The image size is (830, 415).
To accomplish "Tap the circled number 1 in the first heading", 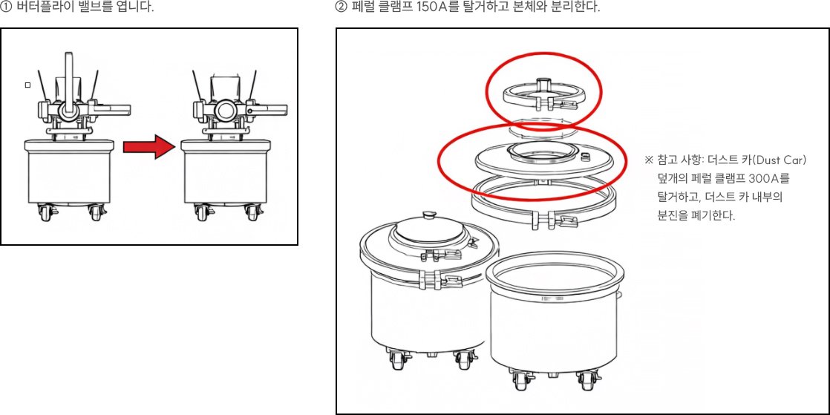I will pos(7,8).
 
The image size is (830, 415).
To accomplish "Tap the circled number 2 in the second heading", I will pos(342,8).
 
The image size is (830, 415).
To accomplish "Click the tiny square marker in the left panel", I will pos(27,85).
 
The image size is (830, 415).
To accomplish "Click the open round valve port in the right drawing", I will pos(226,111).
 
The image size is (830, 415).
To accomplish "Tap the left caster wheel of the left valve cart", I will pos(43,214).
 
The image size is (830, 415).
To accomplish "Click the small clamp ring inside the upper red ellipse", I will pos(542,94).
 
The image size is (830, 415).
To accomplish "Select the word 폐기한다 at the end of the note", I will pos(713,217).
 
